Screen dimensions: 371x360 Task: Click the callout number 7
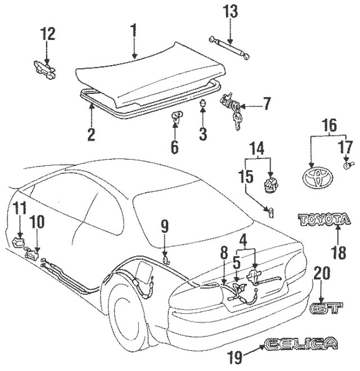(x=267, y=103)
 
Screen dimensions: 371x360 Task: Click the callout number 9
(x=164, y=227)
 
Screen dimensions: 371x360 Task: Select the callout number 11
(x=20, y=209)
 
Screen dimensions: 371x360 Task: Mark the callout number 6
(x=174, y=148)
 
